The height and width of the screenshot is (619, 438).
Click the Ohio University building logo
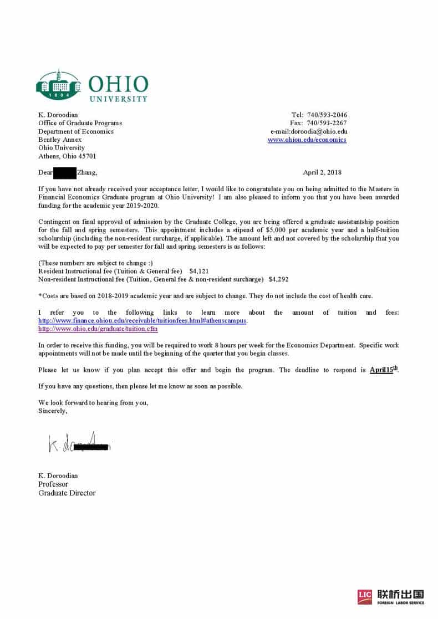pyautogui.click(x=58, y=85)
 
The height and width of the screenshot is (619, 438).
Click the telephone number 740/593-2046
pyautogui.click(x=327, y=115)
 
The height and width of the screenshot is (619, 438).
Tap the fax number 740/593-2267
pyautogui.click(x=327, y=123)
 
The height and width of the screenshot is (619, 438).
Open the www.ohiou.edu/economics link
pyautogui.click(x=307, y=140)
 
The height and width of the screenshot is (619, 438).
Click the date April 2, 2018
pyautogui.click(x=322, y=172)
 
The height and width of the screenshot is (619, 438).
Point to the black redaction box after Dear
pyautogui.click(x=65, y=172)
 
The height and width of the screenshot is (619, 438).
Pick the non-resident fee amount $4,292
pyautogui.click(x=278, y=279)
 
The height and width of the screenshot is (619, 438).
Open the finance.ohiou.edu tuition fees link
pyautogui.click(x=142, y=321)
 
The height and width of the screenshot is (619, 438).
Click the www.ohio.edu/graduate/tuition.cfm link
pyautogui.click(x=98, y=329)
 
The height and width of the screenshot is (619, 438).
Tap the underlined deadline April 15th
pyautogui.click(x=384, y=370)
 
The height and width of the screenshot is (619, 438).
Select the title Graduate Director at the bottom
pyautogui.click(x=67, y=493)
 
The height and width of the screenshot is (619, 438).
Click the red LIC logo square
pyautogui.click(x=365, y=596)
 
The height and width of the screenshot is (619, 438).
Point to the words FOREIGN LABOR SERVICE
pyautogui.click(x=401, y=602)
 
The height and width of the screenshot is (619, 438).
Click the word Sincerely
pyautogui.click(x=53, y=411)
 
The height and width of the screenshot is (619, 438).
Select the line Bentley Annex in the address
pyautogui.click(x=60, y=140)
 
